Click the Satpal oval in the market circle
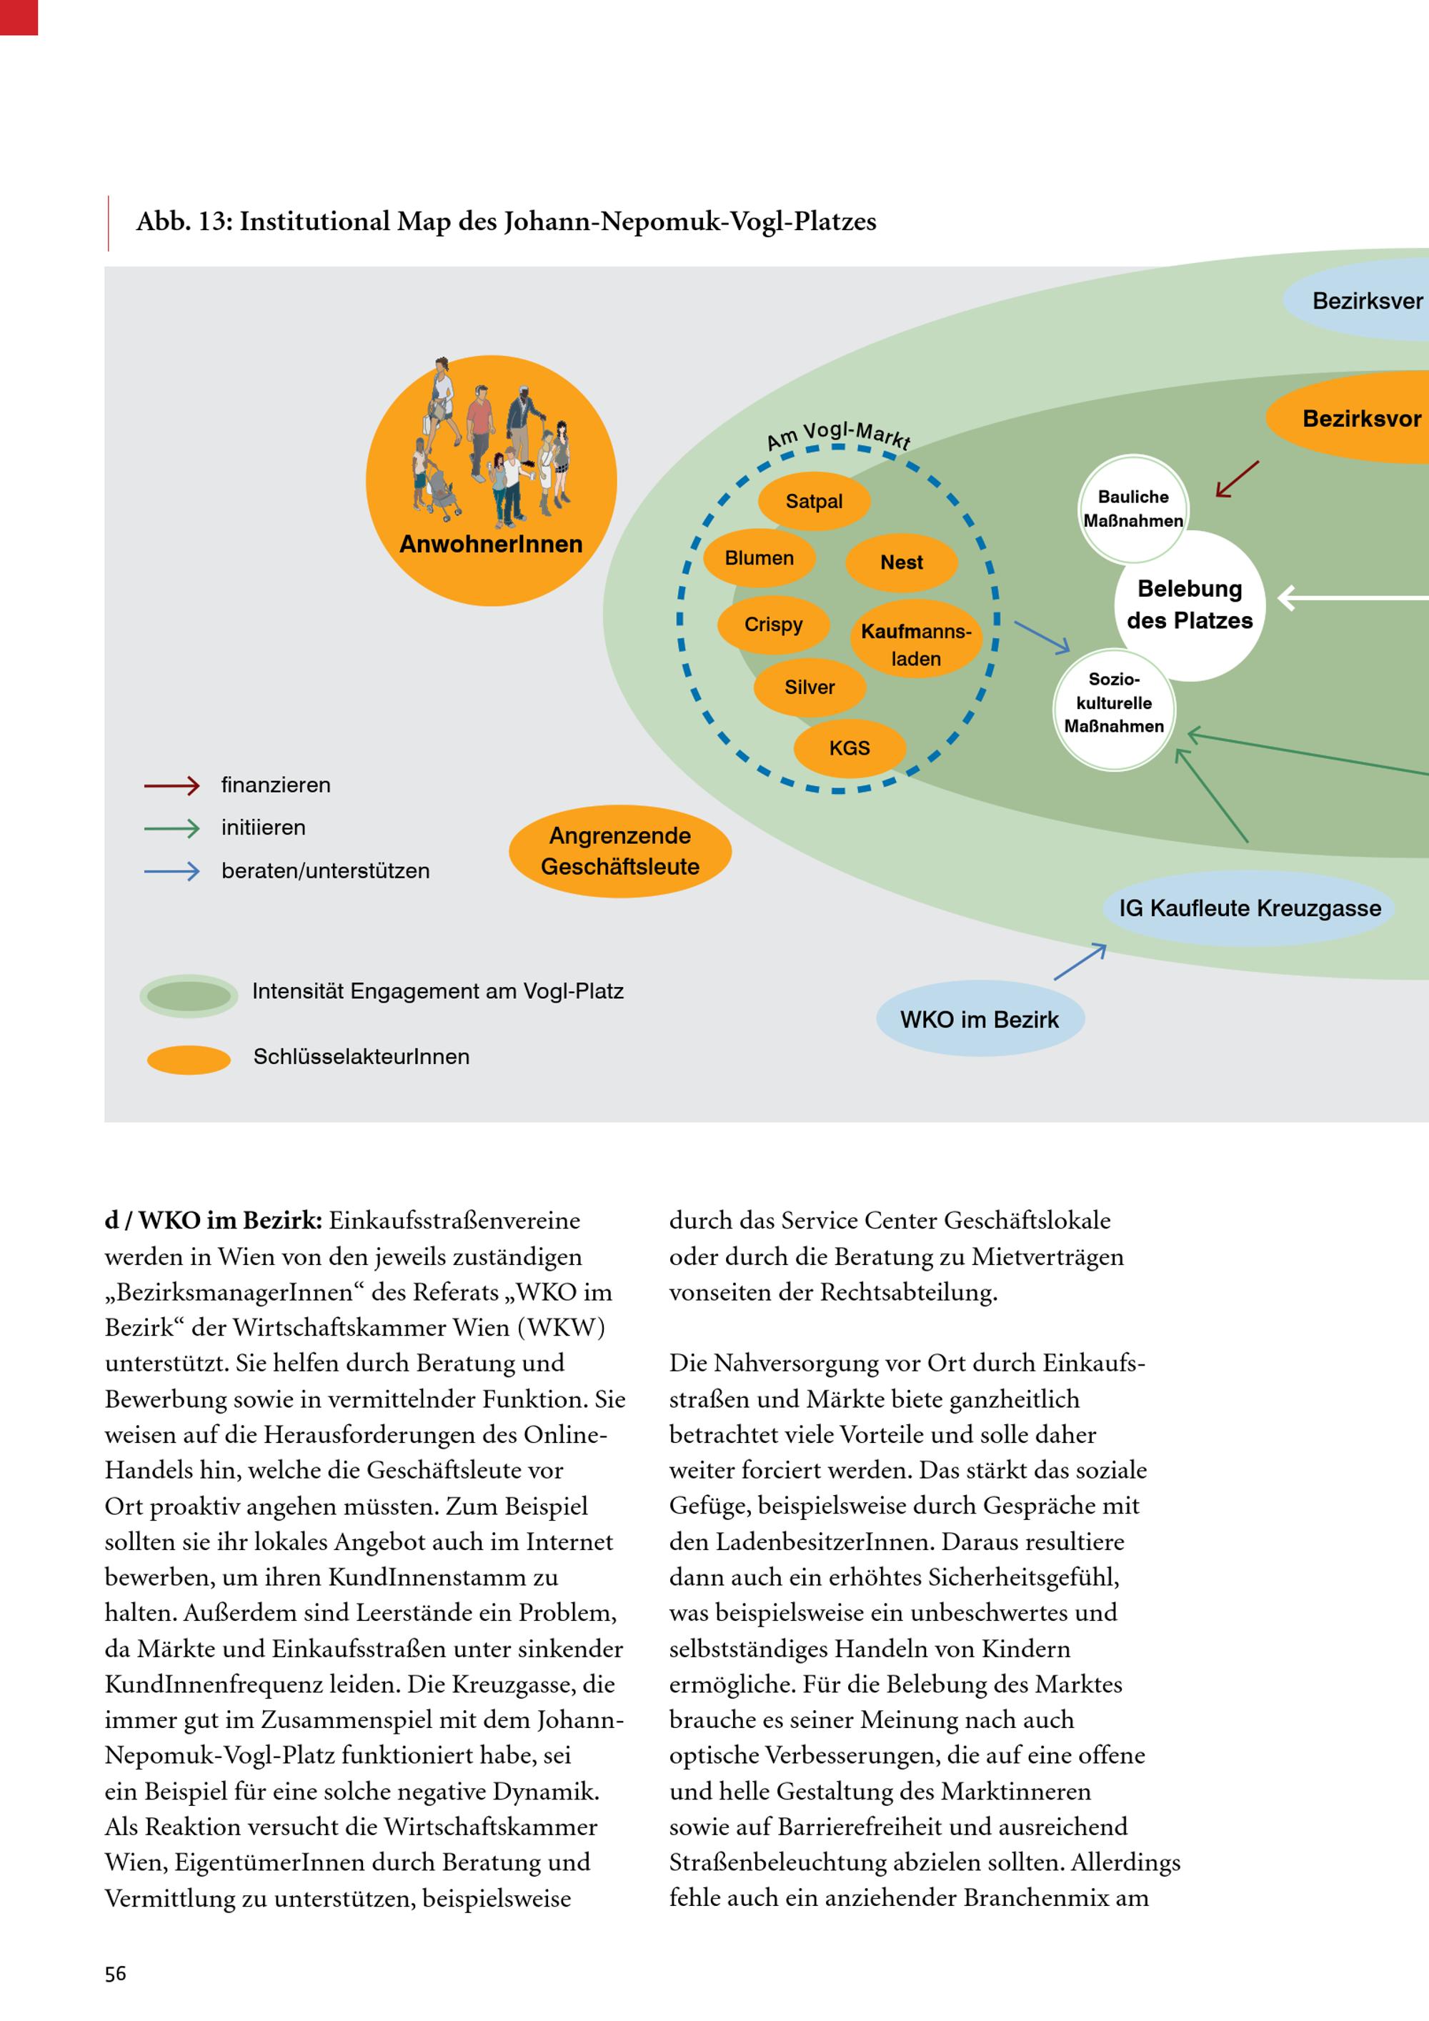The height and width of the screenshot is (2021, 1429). click(814, 502)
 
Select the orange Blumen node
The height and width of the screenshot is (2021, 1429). click(760, 558)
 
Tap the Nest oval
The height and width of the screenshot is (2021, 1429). click(901, 562)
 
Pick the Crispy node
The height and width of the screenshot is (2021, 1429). click(774, 625)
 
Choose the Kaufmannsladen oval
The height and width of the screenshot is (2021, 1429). click(916, 645)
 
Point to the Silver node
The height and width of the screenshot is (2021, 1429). click(810, 687)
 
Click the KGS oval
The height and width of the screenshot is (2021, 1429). click(849, 748)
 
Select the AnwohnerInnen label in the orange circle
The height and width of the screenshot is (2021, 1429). click(491, 544)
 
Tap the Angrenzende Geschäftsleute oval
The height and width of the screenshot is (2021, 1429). click(620, 851)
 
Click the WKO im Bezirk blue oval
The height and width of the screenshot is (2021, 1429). click(980, 1019)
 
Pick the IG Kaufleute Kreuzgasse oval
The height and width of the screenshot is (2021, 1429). click(1250, 908)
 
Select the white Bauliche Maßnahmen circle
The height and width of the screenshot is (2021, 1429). click(1132, 509)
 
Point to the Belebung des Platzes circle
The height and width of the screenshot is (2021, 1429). click(1190, 605)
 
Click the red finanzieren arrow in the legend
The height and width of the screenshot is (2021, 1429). click(172, 785)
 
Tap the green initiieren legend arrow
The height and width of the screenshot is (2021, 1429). click(172, 828)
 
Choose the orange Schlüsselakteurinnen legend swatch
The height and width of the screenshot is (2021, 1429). click(189, 1059)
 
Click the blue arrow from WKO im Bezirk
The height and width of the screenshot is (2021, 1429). click(1080, 962)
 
